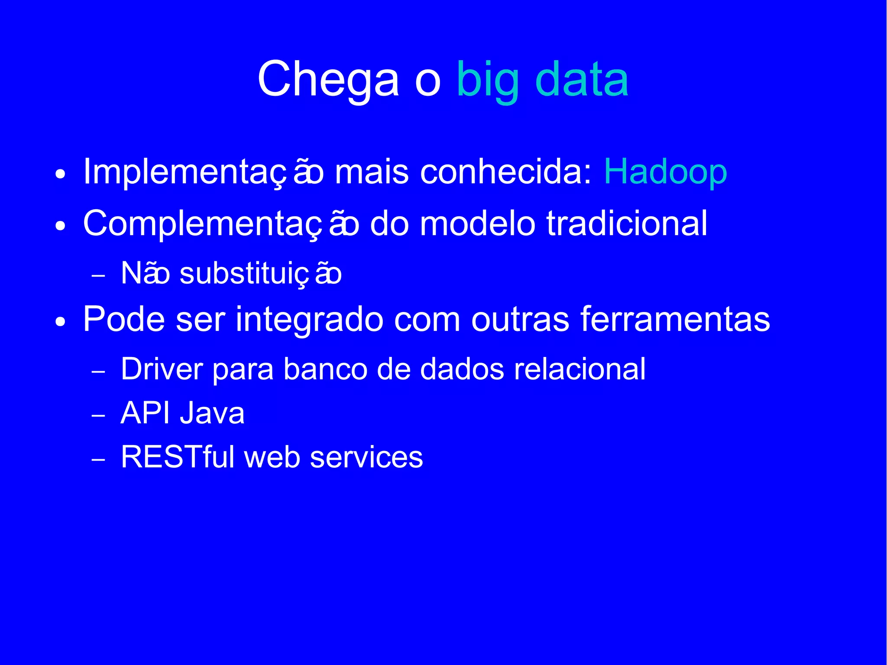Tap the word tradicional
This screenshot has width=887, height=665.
[x=627, y=224]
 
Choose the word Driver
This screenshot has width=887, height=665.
[x=162, y=369]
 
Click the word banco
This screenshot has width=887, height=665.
[x=325, y=369]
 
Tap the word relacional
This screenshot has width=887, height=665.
[x=579, y=369]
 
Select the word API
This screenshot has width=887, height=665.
[x=145, y=413]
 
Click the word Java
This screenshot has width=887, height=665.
[x=212, y=413]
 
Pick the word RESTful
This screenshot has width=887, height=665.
[x=178, y=457]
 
